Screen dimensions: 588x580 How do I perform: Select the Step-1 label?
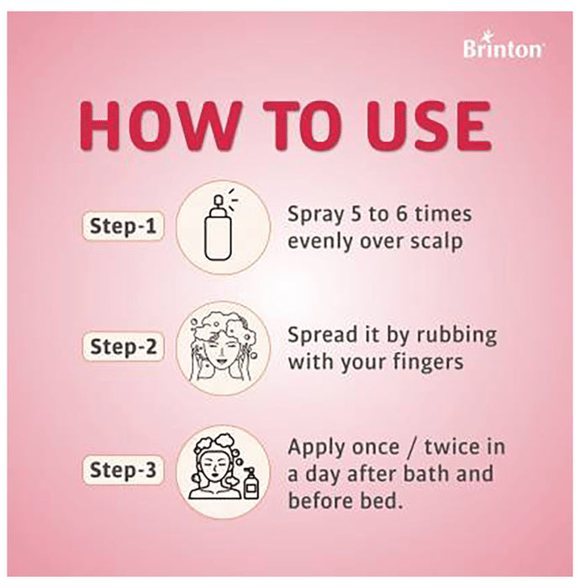click(x=123, y=226)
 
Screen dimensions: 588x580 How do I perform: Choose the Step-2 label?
click(x=123, y=348)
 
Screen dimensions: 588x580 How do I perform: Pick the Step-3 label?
click(x=123, y=471)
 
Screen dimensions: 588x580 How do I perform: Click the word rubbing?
click(x=457, y=335)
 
